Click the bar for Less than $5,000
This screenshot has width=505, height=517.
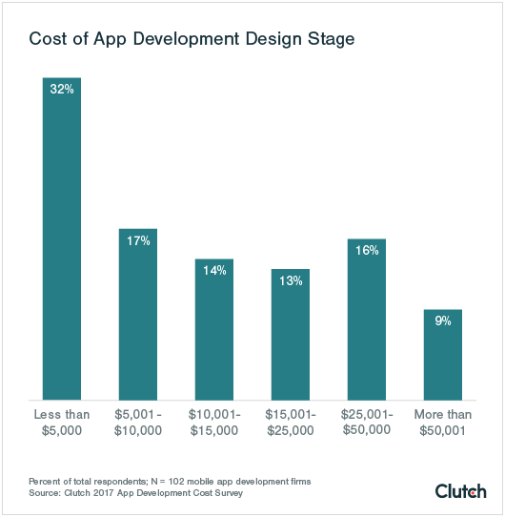tap(62, 238)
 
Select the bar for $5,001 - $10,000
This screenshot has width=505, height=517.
tap(138, 315)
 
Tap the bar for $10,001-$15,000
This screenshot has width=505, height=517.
tap(214, 330)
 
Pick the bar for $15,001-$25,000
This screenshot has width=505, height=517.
tap(291, 335)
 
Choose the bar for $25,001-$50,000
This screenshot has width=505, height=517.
tap(367, 320)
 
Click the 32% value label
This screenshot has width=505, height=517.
tap(62, 89)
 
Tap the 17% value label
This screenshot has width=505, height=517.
tap(138, 240)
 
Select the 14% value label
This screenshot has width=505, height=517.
tap(214, 270)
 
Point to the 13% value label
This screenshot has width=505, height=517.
tap(291, 280)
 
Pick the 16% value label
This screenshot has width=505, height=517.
tap(367, 250)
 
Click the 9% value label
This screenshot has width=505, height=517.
tap(443, 321)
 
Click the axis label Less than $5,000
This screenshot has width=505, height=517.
tap(62, 423)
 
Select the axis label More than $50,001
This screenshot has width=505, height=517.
tap(443, 423)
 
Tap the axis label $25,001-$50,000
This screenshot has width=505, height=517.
tap(367, 423)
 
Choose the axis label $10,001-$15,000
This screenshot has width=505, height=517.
tap(214, 423)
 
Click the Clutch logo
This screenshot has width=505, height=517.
tap(461, 490)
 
